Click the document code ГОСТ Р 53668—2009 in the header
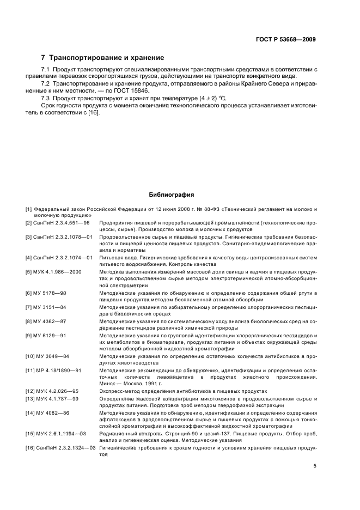tap(286, 39)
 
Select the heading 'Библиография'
tap(172, 195)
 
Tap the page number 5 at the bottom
tap(315, 466)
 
